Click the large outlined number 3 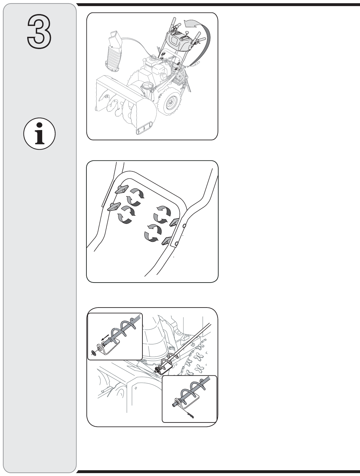[x=39, y=31]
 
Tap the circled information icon [x=39, y=134]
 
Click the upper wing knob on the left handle [x=122, y=189]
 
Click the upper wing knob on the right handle [x=175, y=222]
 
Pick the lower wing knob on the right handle [x=167, y=241]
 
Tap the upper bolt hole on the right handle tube [x=184, y=226]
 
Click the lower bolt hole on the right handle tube [x=177, y=244]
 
